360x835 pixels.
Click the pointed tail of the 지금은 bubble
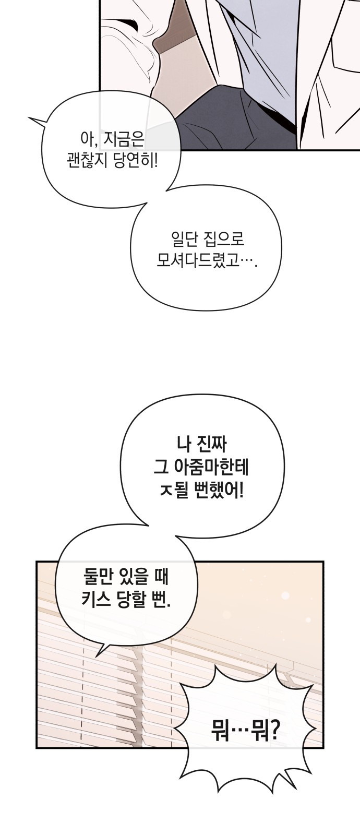pyautogui.click(x=29, y=118)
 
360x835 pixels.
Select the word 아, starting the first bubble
pyautogui.click(x=88, y=141)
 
